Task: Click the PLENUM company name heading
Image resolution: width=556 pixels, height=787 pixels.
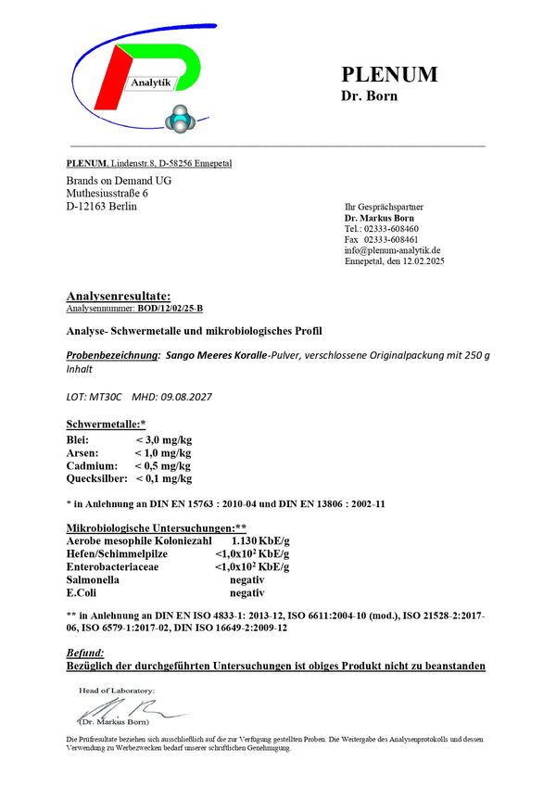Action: coord(389,75)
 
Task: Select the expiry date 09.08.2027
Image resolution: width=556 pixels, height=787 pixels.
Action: coord(186,397)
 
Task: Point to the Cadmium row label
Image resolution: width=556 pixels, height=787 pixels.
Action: coord(92,465)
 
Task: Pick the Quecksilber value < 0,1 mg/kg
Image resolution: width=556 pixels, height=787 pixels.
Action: coord(164,478)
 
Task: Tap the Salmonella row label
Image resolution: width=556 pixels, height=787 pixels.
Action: coord(93,578)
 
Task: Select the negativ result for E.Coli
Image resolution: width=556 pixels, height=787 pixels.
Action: coord(247,591)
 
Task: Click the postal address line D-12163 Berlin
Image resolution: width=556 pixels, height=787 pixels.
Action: coord(102,206)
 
